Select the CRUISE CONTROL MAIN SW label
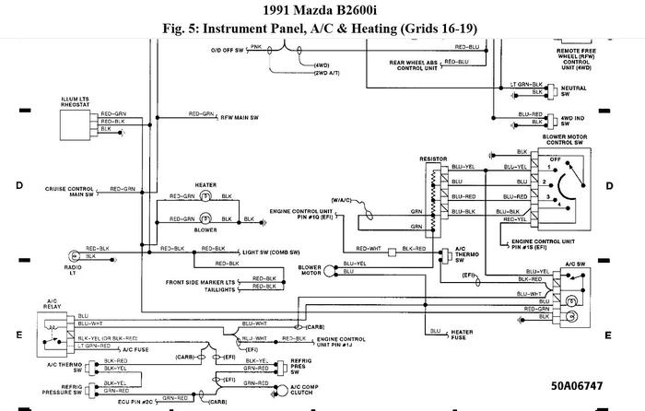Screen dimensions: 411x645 click(x=69, y=191)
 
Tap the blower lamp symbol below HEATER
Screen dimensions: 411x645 click(x=207, y=219)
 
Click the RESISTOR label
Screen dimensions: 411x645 click(x=434, y=159)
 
